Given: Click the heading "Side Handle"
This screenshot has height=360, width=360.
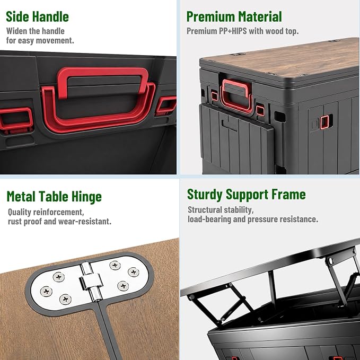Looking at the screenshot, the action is pyautogui.click(x=38, y=17).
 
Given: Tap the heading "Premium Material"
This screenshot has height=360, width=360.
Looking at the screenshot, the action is pyautogui.click(x=234, y=17).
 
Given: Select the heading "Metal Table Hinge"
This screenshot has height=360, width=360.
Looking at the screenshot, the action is pyautogui.click(x=54, y=197).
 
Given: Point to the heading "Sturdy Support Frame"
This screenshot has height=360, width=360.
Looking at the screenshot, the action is pyautogui.click(x=247, y=195).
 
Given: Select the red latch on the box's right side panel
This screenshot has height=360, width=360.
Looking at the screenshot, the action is pyautogui.click(x=324, y=122).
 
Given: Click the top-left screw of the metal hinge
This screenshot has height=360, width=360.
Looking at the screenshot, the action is pyautogui.click(x=58, y=277).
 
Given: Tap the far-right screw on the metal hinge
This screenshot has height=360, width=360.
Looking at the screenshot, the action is pyautogui.click(x=134, y=272).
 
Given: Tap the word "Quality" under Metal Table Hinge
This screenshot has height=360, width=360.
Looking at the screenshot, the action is pyautogui.click(x=20, y=213).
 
